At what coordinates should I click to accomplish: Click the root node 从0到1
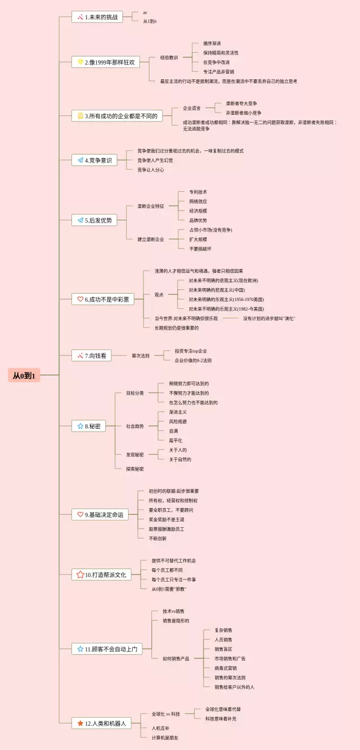(x=24, y=375)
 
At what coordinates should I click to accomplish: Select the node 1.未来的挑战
(x=97, y=17)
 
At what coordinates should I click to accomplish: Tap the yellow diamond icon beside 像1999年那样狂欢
(x=80, y=62)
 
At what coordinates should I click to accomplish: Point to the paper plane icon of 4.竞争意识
(x=80, y=160)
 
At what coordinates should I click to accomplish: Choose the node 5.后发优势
(x=94, y=220)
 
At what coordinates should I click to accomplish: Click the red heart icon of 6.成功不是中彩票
(x=80, y=299)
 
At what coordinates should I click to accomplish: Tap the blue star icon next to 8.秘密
(x=80, y=426)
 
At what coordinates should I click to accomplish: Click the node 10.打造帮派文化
(x=101, y=574)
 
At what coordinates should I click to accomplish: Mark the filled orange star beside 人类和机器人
(x=80, y=723)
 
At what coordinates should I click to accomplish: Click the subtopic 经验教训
(x=169, y=57)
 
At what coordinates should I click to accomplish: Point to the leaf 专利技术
(x=198, y=192)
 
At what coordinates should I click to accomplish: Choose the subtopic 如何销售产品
(x=175, y=658)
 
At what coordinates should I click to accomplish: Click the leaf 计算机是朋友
(x=165, y=737)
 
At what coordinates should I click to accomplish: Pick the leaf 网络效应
(x=198, y=201)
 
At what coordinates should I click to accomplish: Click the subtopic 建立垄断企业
(x=151, y=239)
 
